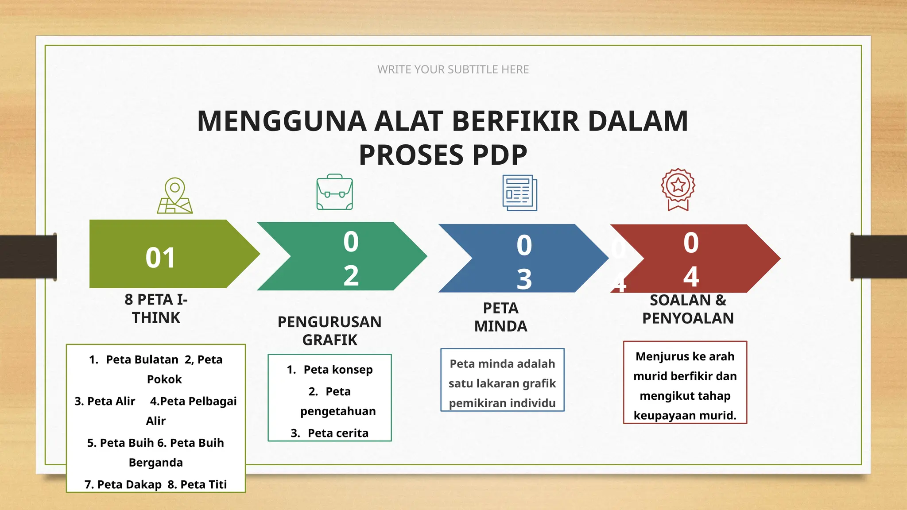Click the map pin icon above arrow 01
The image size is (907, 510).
click(x=175, y=196)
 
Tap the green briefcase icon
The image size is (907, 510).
click(x=335, y=192)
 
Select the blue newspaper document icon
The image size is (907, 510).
click(x=519, y=193)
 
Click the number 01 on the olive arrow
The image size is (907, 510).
click(x=160, y=258)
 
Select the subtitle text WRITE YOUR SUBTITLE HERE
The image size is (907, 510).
click(x=453, y=70)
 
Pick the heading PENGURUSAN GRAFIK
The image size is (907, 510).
click(x=329, y=331)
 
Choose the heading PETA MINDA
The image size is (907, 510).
click(x=500, y=317)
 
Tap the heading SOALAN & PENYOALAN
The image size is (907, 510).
click(x=688, y=309)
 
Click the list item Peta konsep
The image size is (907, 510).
click(x=338, y=370)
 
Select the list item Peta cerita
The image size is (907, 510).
click(x=338, y=433)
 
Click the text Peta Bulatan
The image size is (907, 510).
click(x=142, y=359)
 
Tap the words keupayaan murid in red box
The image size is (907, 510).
click(x=685, y=415)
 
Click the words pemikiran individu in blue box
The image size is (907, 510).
click(x=502, y=403)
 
